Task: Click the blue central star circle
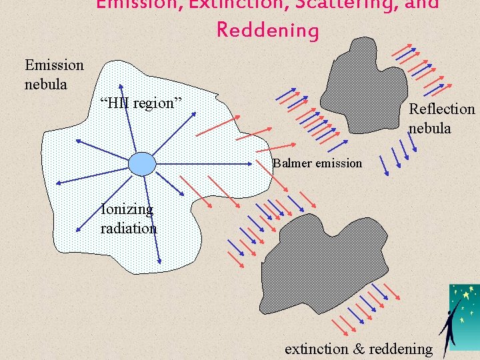pos(141,164)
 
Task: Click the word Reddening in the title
pos(268,30)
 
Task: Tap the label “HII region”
pos(140,103)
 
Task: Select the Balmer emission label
pos(317,163)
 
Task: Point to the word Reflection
pos(441,109)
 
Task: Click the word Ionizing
pos(127,209)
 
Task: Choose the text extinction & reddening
pos(358,348)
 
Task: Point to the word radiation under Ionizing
pos(129,228)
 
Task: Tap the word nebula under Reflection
pos(429,128)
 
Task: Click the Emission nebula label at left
pos(54,75)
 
